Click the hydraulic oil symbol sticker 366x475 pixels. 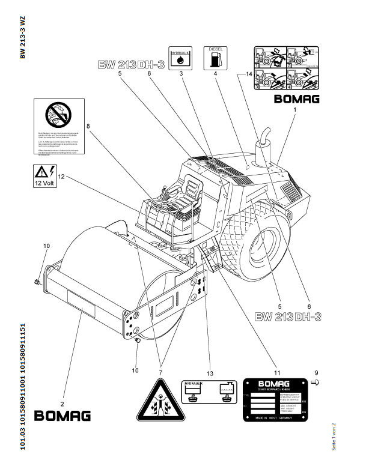click(180, 56)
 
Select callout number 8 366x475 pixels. click(88, 126)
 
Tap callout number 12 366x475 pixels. click(61, 177)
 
